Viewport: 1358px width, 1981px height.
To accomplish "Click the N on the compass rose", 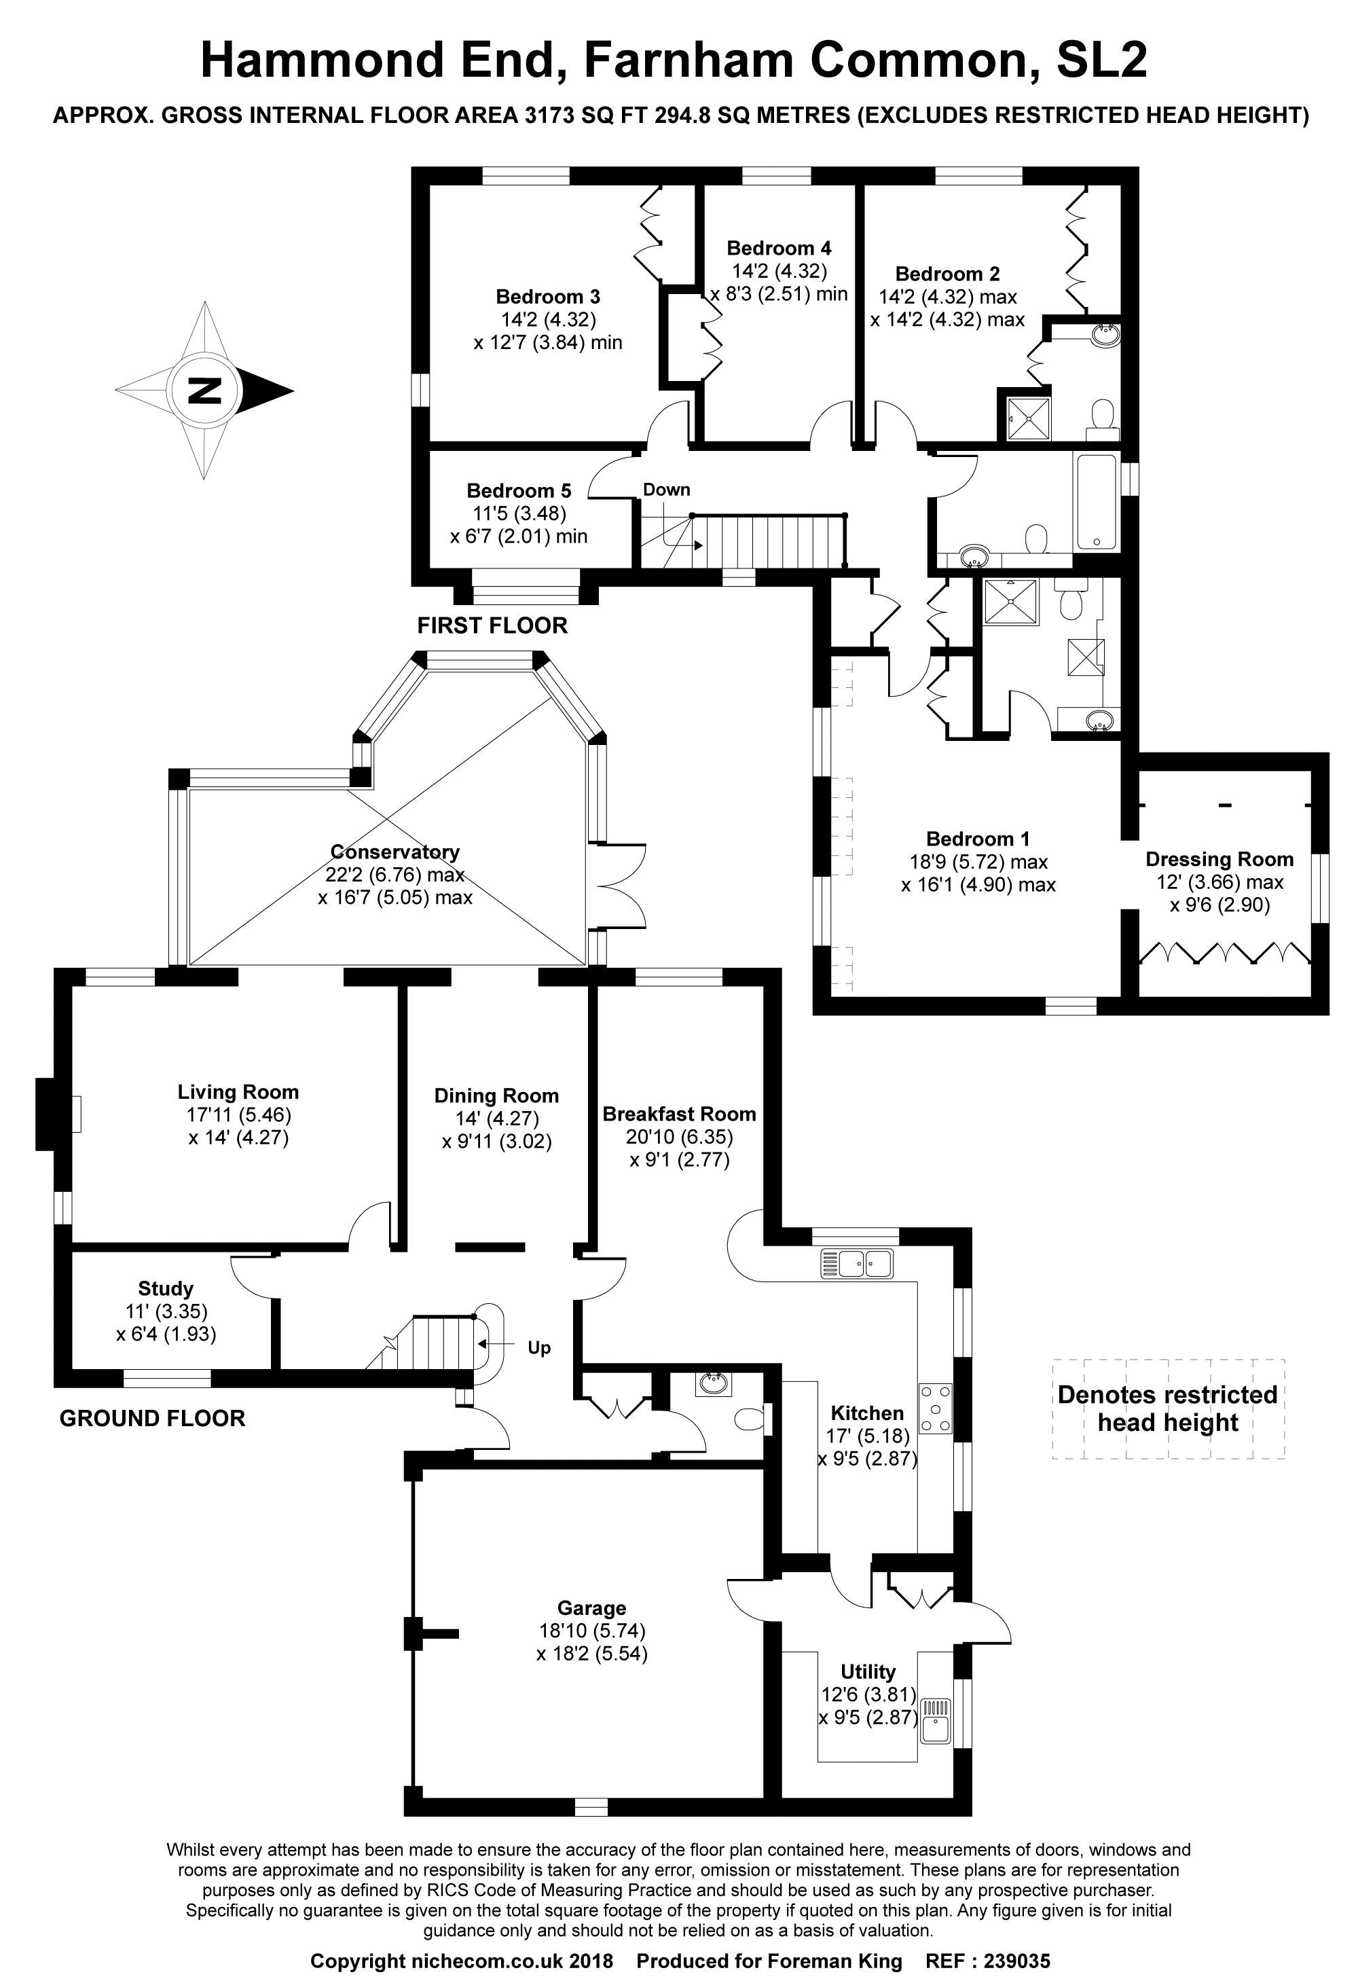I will click(204, 390).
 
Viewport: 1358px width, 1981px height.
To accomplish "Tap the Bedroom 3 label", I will click(547, 297).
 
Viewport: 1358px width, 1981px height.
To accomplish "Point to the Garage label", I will click(591, 1607).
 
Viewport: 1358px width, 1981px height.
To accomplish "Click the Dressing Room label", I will click(1218, 859).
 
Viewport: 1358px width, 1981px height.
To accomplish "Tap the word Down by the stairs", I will click(666, 489).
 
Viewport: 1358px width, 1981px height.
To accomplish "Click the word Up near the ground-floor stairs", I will click(538, 1347).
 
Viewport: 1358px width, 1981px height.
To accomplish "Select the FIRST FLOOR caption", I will click(492, 625).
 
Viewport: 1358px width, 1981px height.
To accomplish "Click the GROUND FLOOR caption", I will click(153, 1419).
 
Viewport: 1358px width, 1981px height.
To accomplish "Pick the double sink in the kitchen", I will click(856, 1262).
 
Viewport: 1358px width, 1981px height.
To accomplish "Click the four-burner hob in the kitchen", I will click(934, 1410).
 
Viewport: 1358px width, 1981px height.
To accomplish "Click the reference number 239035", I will click(1017, 1961).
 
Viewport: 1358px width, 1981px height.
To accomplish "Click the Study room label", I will click(166, 1288).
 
